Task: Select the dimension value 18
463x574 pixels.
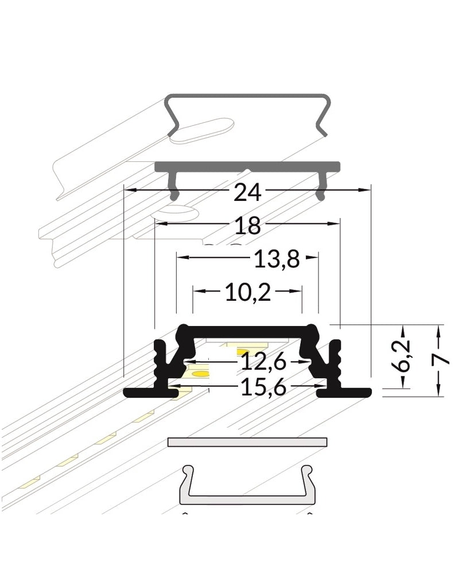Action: [247, 226]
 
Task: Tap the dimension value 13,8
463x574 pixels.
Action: [276, 260]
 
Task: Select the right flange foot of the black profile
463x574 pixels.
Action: [345, 393]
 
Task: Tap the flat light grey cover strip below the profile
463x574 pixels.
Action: [247, 441]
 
